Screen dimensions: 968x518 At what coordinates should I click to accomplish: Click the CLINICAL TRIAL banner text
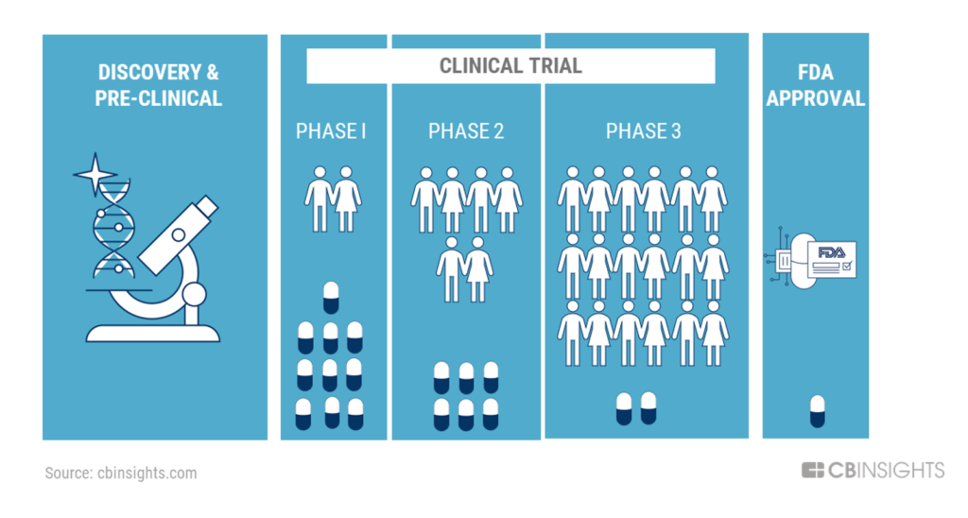click(x=510, y=65)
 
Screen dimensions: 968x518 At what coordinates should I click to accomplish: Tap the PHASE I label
click(x=331, y=130)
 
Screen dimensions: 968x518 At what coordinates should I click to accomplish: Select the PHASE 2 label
click(x=466, y=130)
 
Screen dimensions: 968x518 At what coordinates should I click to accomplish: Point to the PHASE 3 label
click(x=643, y=130)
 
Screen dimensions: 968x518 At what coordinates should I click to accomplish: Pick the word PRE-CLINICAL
click(x=158, y=98)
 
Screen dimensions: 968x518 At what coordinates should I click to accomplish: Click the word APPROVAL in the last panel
click(x=816, y=98)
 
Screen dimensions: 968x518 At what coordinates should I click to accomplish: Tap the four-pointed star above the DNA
click(x=95, y=174)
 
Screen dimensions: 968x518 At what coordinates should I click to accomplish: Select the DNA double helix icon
click(x=113, y=230)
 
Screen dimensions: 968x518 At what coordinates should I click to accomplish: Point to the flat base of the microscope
click(x=153, y=334)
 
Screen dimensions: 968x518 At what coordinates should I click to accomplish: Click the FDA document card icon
click(x=832, y=259)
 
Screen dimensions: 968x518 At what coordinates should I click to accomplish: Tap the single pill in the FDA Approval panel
click(x=818, y=411)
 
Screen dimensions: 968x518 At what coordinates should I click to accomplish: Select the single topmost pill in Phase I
click(x=331, y=298)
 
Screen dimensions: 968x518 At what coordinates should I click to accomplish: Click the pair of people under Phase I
click(x=333, y=199)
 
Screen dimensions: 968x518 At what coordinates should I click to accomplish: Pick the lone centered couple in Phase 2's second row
click(x=465, y=269)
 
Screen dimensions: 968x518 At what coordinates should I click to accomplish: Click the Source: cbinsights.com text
click(x=121, y=473)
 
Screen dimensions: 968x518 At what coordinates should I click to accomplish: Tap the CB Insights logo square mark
click(x=812, y=470)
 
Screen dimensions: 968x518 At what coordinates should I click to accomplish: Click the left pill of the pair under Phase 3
click(x=624, y=408)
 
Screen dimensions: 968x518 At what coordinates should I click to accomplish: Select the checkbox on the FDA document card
click(x=846, y=267)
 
